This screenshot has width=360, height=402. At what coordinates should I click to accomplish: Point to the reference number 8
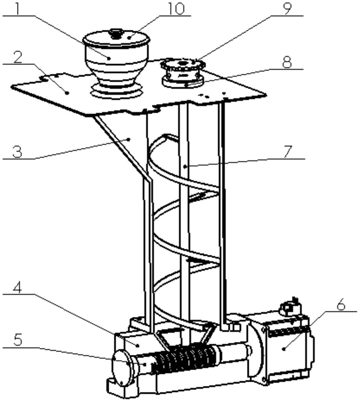pyautogui.click(x=287, y=62)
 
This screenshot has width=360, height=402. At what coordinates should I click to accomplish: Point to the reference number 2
pyautogui.click(x=18, y=57)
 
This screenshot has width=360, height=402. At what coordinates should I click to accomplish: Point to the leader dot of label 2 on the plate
pyautogui.click(x=67, y=93)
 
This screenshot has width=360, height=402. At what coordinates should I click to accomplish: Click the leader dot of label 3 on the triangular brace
pyautogui.click(x=129, y=140)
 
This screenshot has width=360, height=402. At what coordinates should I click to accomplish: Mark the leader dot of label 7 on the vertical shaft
pyautogui.click(x=185, y=167)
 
